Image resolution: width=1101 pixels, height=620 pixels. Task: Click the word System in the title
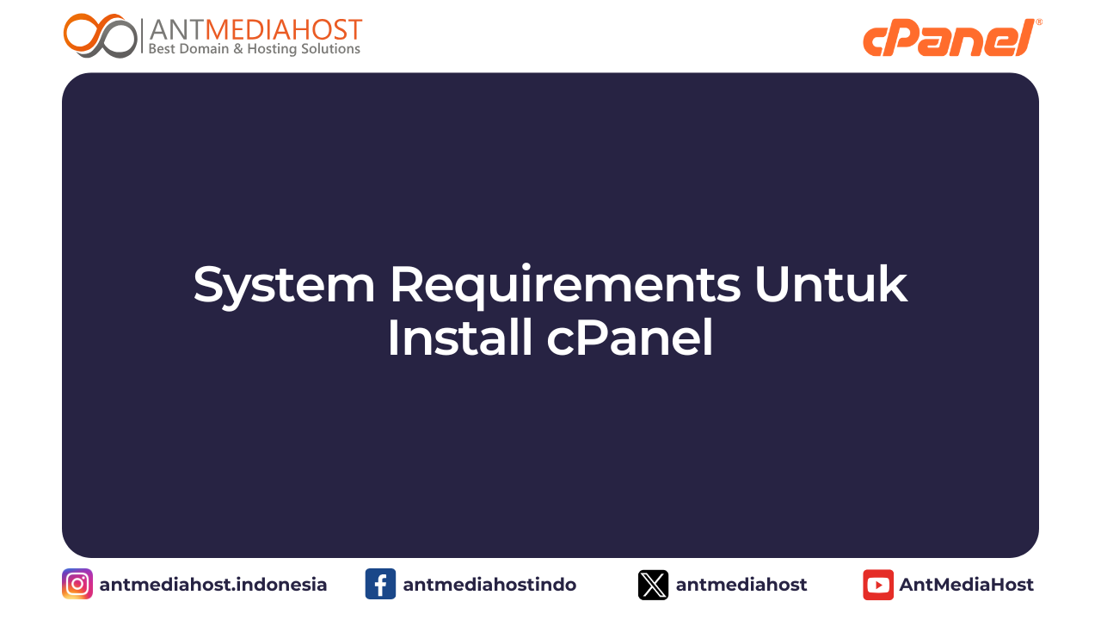click(x=284, y=286)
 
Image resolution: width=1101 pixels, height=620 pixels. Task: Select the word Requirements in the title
click(x=565, y=286)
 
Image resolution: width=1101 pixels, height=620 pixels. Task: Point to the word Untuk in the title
click(x=831, y=284)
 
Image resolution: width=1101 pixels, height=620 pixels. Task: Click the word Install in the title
click(x=459, y=338)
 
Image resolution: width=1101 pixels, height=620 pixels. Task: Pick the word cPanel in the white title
click(x=630, y=338)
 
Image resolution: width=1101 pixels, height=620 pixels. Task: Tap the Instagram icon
click(x=77, y=584)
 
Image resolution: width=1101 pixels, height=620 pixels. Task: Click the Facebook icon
click(x=380, y=584)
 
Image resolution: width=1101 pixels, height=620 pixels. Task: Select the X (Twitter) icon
click(x=653, y=585)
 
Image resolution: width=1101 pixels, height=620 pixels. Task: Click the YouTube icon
click(x=878, y=585)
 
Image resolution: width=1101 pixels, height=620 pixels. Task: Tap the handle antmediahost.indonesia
click(x=212, y=585)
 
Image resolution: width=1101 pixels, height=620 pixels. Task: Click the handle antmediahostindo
click(x=489, y=585)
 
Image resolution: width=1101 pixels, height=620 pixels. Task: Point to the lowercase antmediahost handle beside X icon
click(x=741, y=585)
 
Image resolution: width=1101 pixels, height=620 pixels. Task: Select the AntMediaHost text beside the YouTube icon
click(x=966, y=585)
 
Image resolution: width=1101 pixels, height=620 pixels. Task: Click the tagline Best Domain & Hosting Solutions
click(x=254, y=49)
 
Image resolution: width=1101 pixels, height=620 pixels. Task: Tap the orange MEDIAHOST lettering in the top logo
click(x=284, y=29)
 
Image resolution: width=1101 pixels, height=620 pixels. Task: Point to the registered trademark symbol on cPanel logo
click(x=1039, y=22)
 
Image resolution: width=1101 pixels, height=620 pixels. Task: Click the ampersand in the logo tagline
click(x=238, y=49)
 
